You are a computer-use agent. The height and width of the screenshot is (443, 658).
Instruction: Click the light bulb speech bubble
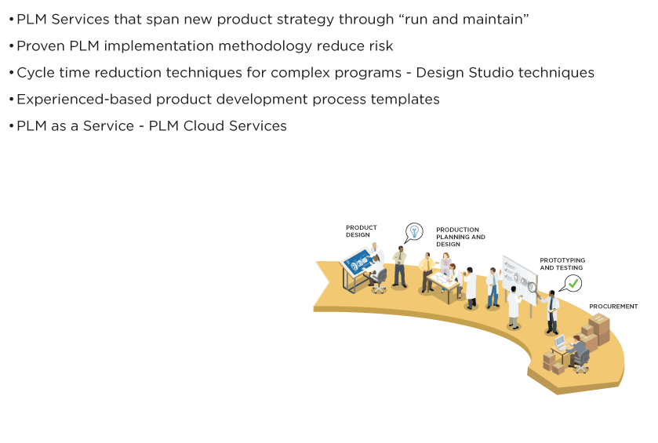click(x=413, y=231)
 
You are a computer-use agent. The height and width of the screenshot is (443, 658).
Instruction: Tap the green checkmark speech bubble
click(x=573, y=283)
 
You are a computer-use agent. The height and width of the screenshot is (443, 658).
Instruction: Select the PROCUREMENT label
click(x=613, y=307)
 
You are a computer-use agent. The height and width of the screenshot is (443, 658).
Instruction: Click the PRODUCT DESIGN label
click(x=361, y=231)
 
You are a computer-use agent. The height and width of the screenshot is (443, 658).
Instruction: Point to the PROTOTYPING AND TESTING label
click(x=562, y=263)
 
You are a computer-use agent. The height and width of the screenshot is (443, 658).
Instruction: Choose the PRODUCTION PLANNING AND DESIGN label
click(x=460, y=237)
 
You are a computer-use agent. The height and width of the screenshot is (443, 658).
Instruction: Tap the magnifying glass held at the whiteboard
click(x=533, y=287)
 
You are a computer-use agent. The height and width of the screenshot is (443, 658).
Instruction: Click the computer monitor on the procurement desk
click(x=559, y=342)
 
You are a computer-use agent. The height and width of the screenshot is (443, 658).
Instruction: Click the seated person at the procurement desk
click(x=579, y=350)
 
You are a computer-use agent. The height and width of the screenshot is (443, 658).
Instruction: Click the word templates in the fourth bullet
click(x=404, y=100)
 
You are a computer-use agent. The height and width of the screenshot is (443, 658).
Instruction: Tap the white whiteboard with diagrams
click(x=517, y=274)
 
